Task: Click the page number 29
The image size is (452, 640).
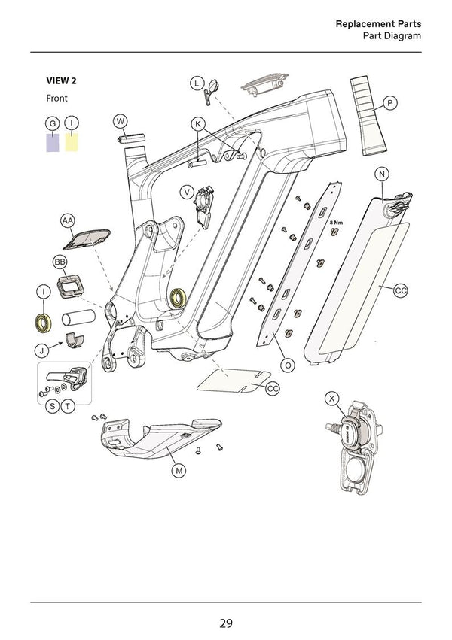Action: tap(225, 623)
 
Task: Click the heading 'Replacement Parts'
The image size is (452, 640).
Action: tap(377, 24)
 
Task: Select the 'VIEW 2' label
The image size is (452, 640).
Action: tap(62, 81)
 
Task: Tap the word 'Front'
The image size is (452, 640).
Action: tap(56, 99)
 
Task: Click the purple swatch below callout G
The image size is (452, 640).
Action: tap(52, 142)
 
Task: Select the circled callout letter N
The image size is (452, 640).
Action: tap(382, 174)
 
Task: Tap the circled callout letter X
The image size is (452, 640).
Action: tap(332, 398)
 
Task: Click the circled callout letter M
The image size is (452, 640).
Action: tap(179, 471)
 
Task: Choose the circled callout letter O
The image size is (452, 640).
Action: tap(287, 364)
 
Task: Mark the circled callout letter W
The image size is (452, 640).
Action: tap(121, 121)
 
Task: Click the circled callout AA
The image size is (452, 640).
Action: tap(68, 220)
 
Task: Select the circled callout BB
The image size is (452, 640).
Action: tap(60, 262)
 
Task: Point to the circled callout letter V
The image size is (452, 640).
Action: tap(186, 192)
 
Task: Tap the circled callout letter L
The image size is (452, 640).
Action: tap(195, 83)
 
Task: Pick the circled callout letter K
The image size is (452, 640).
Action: tap(198, 123)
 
